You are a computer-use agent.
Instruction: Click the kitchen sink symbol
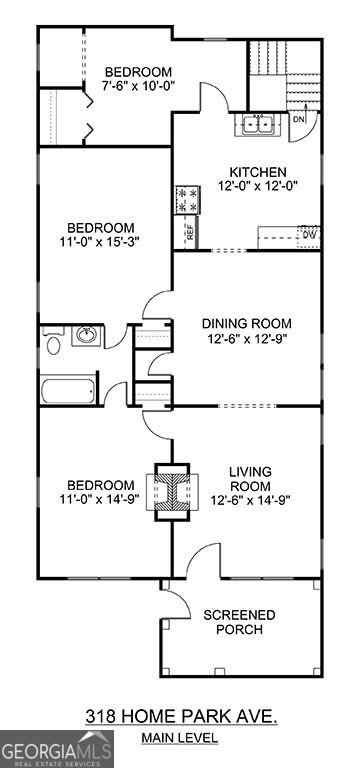[x=257, y=125]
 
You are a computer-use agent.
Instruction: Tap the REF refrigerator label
[x=188, y=232]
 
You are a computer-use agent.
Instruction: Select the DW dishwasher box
[x=308, y=236]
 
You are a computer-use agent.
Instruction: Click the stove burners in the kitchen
[x=187, y=200]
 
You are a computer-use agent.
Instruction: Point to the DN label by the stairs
[x=299, y=118]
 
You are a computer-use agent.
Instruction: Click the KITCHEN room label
[x=257, y=171]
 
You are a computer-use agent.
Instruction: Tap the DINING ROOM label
[x=246, y=322]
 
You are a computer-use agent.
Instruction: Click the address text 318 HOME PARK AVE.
[x=181, y=715]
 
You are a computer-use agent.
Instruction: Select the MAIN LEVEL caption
[x=180, y=738]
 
